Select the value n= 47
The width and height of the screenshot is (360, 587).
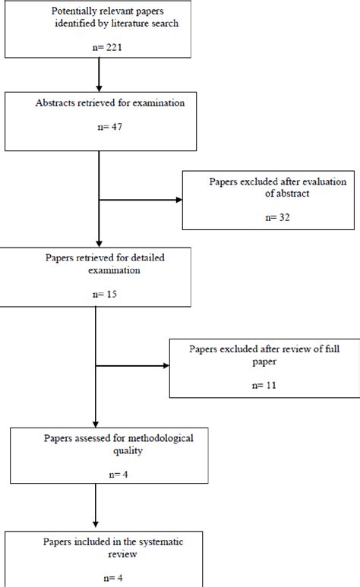click(x=99, y=128)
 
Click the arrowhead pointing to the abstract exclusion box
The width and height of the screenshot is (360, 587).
click(x=178, y=200)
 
